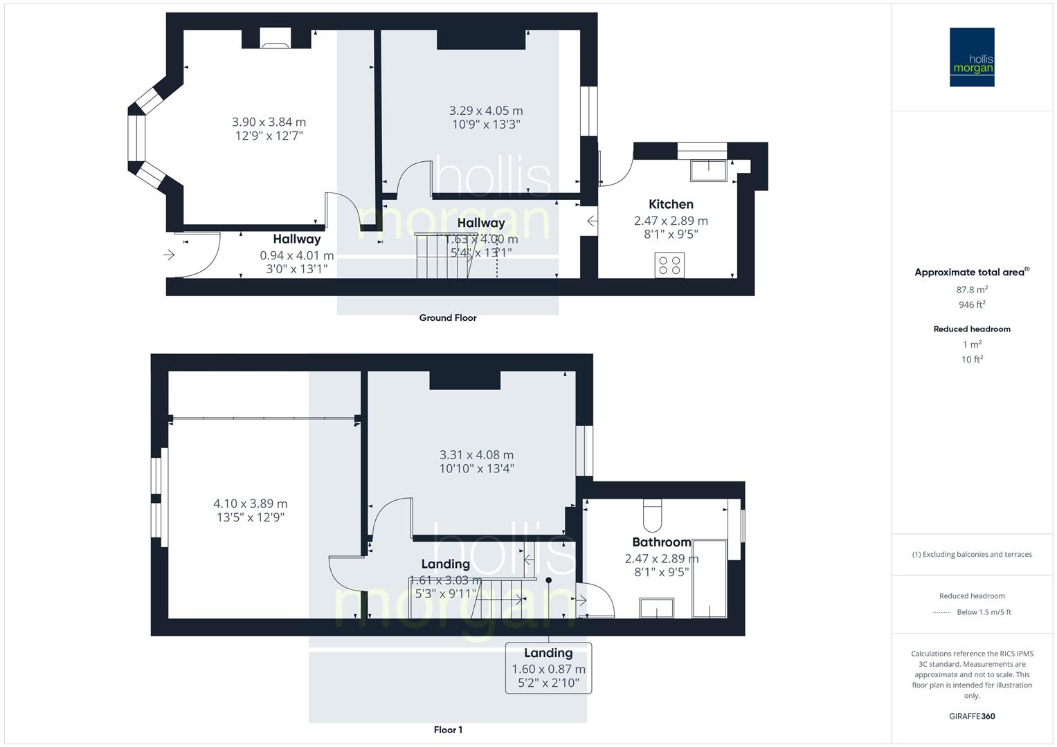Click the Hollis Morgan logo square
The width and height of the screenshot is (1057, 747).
point(972,57)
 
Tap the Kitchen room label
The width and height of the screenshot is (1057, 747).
point(671,204)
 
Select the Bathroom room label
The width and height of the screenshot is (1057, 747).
point(661,542)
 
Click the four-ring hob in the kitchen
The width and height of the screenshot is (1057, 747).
point(669,266)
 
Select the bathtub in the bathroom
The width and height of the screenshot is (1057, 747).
point(709,579)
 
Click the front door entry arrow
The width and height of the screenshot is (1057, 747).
point(169,255)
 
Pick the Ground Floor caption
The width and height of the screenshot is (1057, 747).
point(448,318)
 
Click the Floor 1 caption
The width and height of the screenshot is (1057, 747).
point(448,730)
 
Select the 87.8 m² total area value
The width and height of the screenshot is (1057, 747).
point(972,290)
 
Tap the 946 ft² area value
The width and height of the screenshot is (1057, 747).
point(972,305)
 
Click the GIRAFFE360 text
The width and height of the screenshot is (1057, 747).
point(972,716)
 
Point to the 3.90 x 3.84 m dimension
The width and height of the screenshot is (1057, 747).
point(269,122)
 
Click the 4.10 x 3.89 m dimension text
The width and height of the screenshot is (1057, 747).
point(250,504)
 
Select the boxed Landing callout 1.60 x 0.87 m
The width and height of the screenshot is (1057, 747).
point(548,668)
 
